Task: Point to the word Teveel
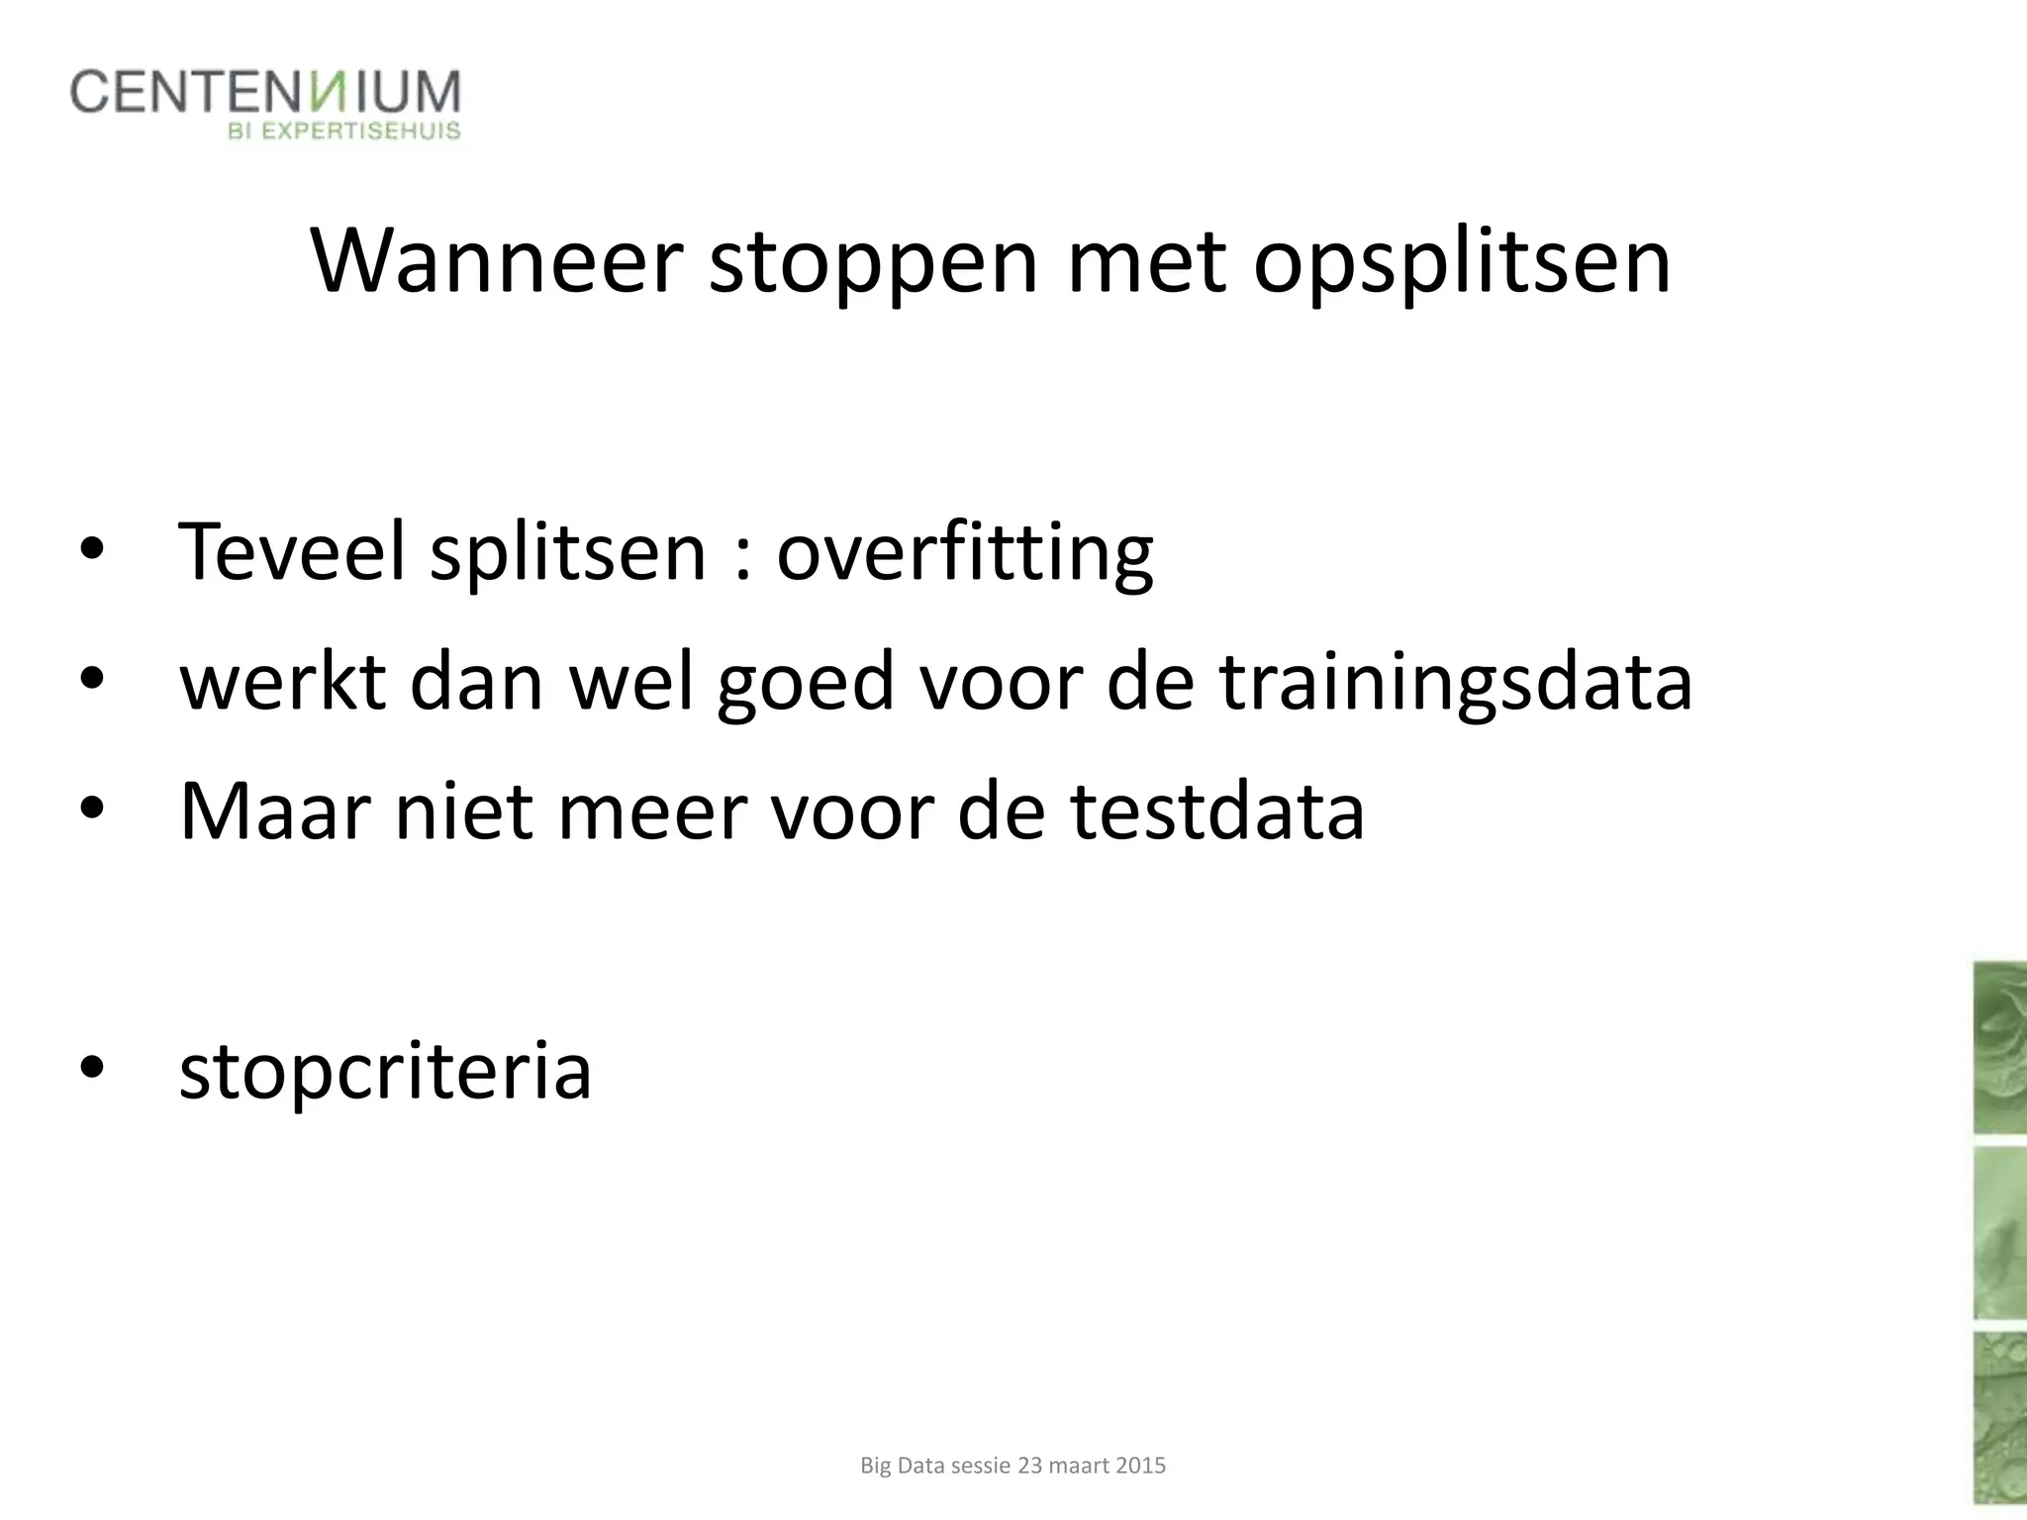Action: (x=291, y=550)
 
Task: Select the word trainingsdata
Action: (x=1455, y=683)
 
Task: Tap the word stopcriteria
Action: (x=385, y=1072)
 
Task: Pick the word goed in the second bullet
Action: (x=806, y=683)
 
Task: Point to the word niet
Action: (x=464, y=811)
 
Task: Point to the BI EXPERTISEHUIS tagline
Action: (x=344, y=132)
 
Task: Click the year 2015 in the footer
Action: (x=1140, y=1466)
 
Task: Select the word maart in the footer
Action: (x=1080, y=1466)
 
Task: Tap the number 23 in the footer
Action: (x=1029, y=1466)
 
